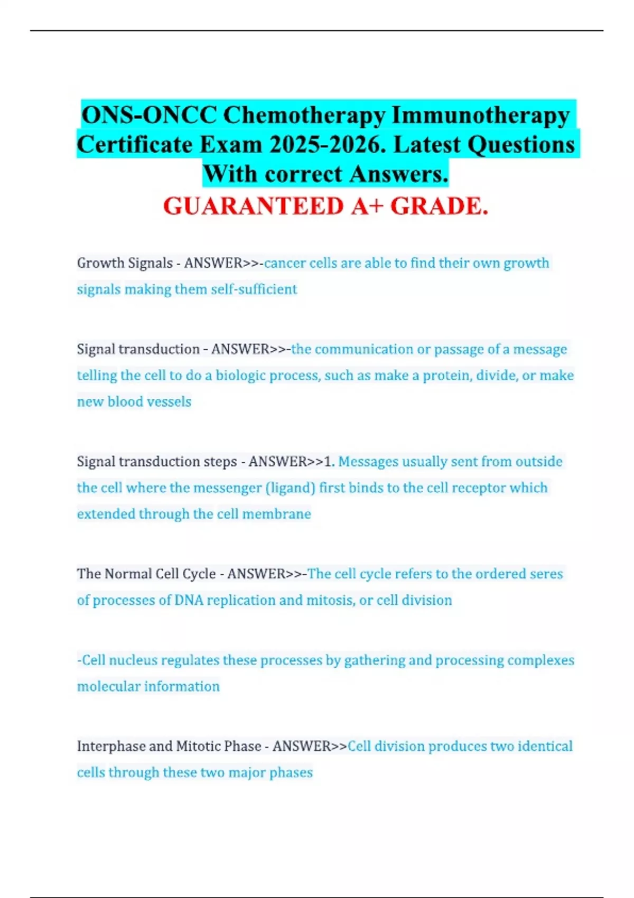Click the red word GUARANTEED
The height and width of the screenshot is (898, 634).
click(253, 206)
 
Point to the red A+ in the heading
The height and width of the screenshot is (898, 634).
click(367, 206)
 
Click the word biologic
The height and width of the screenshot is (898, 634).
click(240, 376)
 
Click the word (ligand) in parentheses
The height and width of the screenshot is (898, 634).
click(291, 488)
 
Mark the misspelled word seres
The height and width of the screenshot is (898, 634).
click(547, 574)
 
